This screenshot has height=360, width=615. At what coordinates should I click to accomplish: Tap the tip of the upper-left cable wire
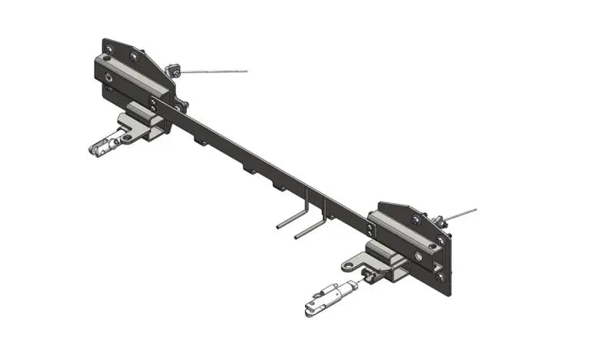coord(246,71)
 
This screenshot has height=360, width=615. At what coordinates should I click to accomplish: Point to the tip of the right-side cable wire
coord(475,209)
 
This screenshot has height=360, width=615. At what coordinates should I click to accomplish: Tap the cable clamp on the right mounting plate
coord(441,222)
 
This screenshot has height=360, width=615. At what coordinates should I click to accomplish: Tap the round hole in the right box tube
coord(418,255)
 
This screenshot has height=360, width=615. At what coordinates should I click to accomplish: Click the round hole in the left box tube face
coord(112,77)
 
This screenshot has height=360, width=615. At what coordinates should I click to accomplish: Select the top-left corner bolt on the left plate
coord(108,48)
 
